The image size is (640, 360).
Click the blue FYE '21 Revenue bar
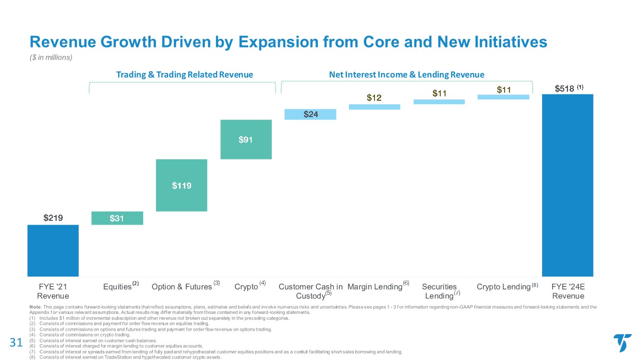pyautogui.click(x=53, y=250)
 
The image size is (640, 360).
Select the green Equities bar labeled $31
pyautogui.click(x=117, y=218)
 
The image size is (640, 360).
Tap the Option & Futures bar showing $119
pyautogui.click(x=181, y=185)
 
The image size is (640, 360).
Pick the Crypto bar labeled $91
pyautogui.click(x=246, y=139)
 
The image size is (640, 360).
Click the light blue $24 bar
pyautogui.click(x=310, y=114)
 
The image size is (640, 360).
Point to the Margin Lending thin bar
pyautogui.click(x=374, y=107)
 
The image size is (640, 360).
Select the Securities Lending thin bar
pyautogui.click(x=439, y=102)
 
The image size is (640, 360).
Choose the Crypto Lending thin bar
pyautogui.click(x=503, y=97)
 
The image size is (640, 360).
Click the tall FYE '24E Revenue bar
pyautogui.click(x=568, y=185)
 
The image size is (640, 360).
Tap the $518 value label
pyautogui.click(x=564, y=88)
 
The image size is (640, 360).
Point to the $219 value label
pyautogui.click(x=53, y=218)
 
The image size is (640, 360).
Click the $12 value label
pyautogui.click(x=374, y=98)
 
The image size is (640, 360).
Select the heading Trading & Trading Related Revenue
pyautogui.click(x=185, y=74)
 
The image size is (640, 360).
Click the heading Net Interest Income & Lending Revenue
pyautogui.click(x=407, y=74)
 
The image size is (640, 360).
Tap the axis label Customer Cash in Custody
pyautogui.click(x=310, y=291)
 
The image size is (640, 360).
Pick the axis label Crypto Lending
pyautogui.click(x=503, y=287)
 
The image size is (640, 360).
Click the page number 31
pyautogui.click(x=16, y=342)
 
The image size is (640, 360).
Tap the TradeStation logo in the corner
pyautogui.click(x=622, y=343)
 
